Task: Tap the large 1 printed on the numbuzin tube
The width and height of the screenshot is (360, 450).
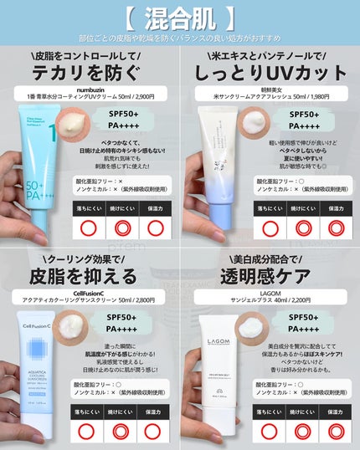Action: pyautogui.click(x=52, y=134)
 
